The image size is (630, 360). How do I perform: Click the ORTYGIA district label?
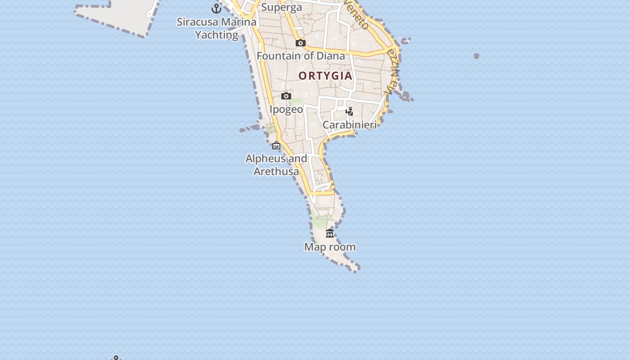coord(325,76)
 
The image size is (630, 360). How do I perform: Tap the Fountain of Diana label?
coord(301,56)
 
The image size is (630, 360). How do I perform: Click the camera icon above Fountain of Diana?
coord(301,43)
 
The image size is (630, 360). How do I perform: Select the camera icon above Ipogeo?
coord(286,96)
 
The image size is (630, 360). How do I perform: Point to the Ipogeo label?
coord(286,109)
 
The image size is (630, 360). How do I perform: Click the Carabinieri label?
coord(350,125)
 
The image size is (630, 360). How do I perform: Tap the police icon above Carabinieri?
coord(350,112)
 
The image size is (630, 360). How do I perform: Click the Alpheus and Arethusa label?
coord(276,165)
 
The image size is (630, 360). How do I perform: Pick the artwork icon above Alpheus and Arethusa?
coord(276,145)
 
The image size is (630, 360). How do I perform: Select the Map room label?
coord(330,247)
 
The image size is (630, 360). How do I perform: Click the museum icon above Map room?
coord(330,234)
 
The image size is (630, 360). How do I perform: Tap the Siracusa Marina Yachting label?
coord(216,28)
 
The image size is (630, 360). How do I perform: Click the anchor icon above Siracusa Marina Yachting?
coord(216,8)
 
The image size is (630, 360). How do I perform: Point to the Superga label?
coord(282,8)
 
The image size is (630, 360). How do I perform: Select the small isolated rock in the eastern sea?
coord(477,56)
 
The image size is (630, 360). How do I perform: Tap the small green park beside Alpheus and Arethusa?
coord(270,129)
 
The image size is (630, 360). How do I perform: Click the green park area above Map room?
coord(320,222)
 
